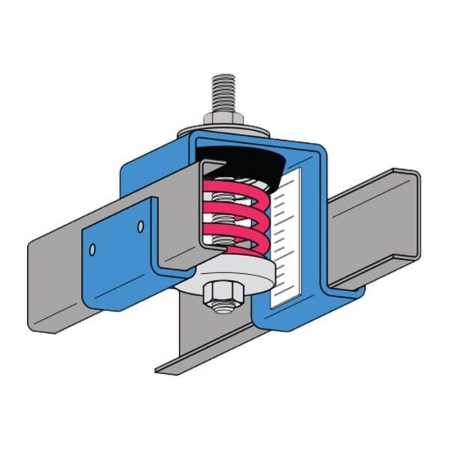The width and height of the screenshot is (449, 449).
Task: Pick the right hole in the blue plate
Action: click(x=139, y=224)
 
